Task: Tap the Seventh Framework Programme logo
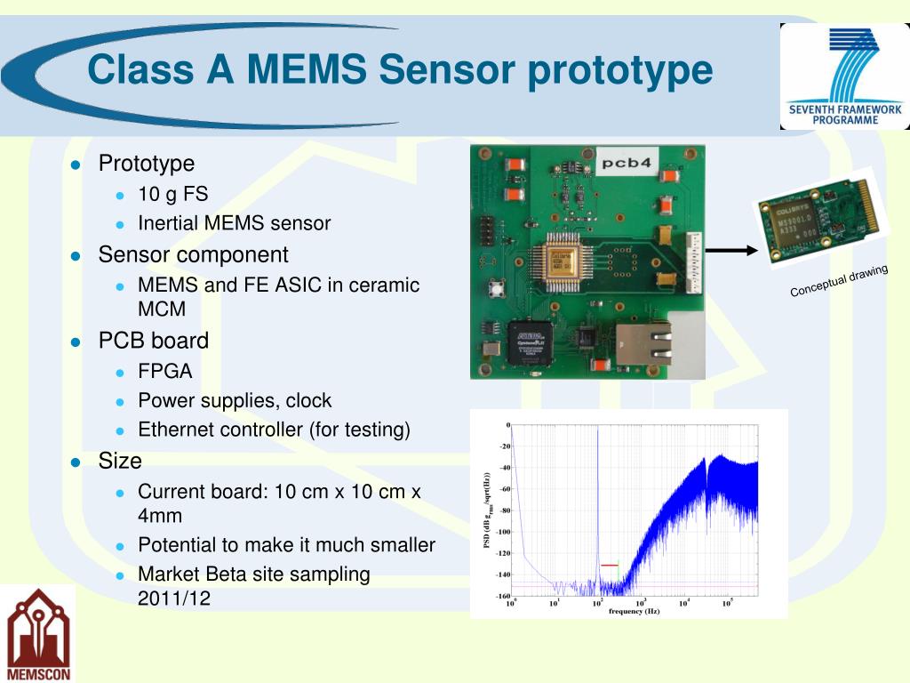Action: [844, 76]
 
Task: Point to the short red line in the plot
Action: [609, 565]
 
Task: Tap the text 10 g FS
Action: [172, 195]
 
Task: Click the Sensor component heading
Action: [193, 254]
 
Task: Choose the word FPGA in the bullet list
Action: [164, 371]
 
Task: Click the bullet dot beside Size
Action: [76, 462]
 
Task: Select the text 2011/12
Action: [174, 598]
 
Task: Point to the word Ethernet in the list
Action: [176, 430]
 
